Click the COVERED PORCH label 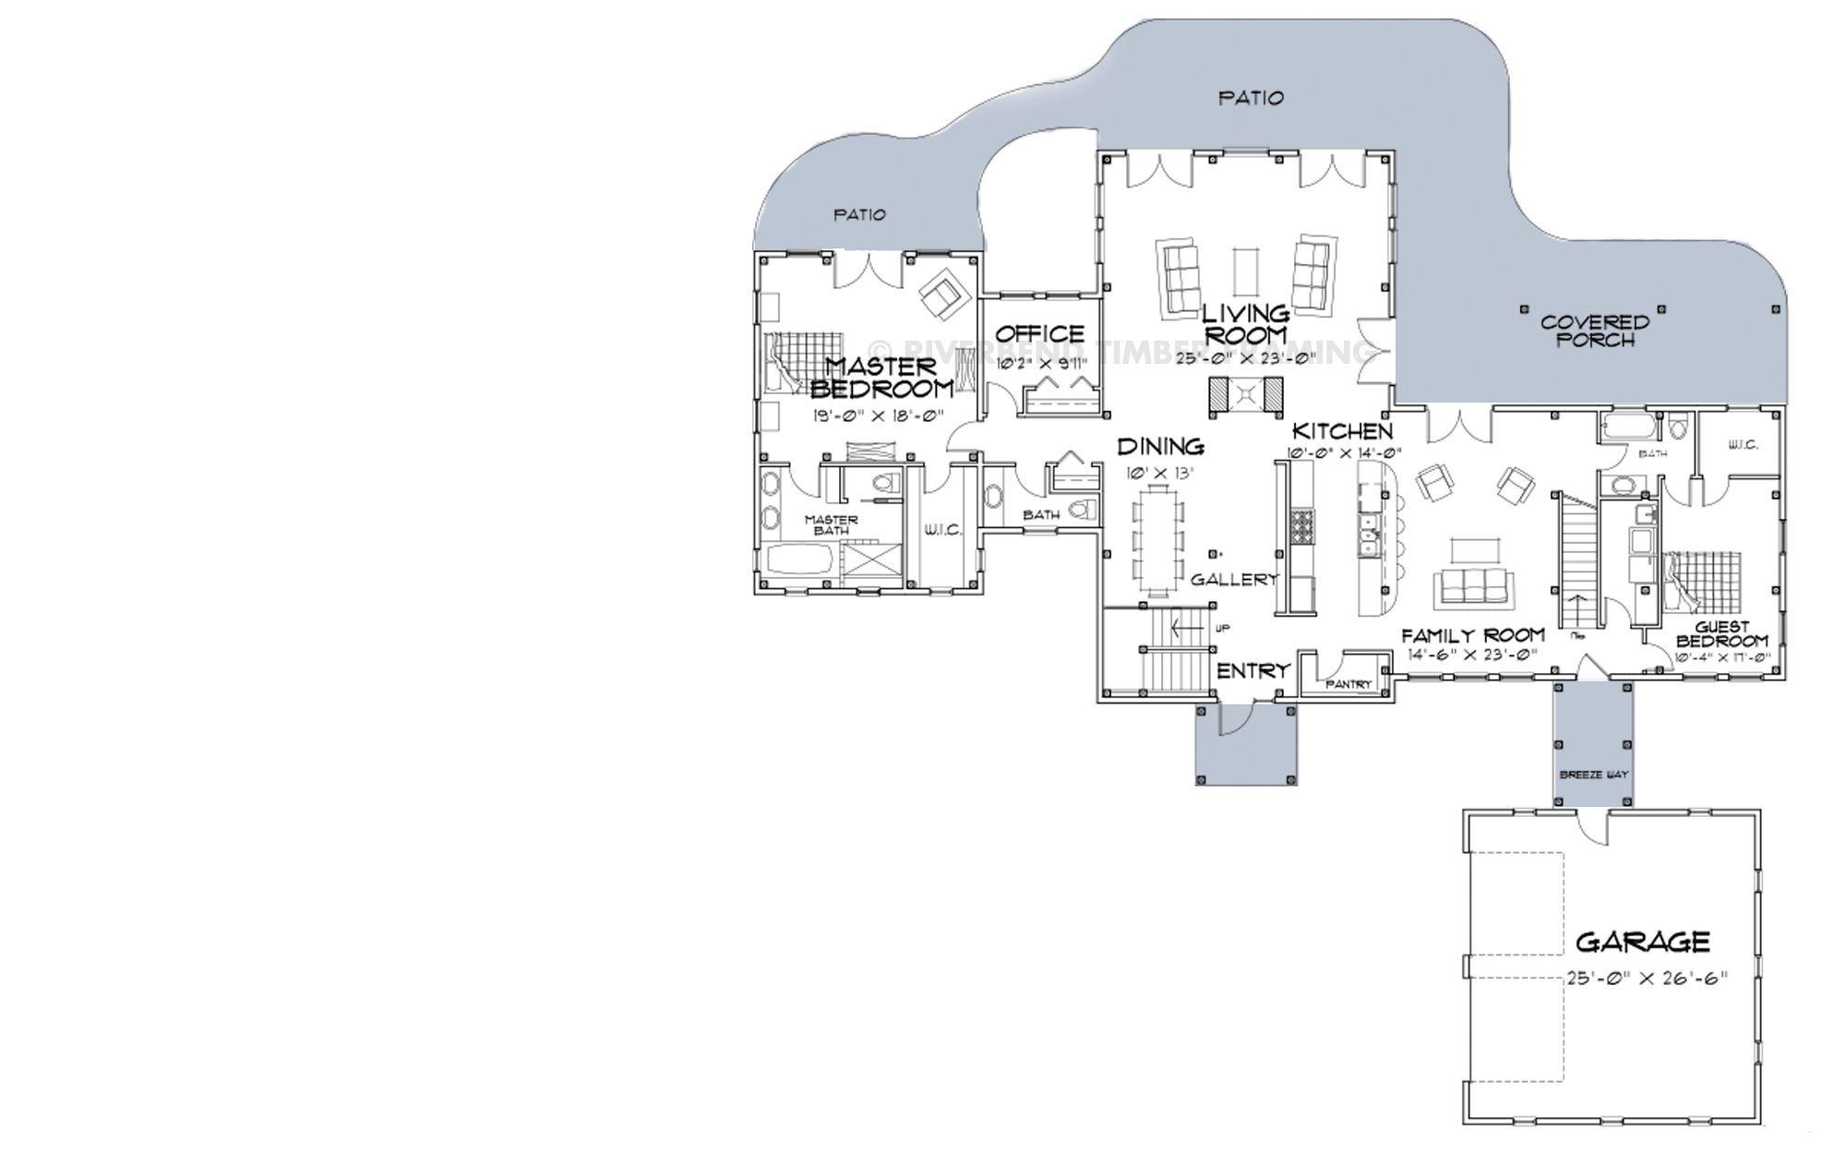click(1594, 331)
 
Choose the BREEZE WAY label click(1593, 775)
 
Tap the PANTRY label click(1349, 684)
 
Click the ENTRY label click(1253, 671)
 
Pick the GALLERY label click(1234, 580)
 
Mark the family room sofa click(1473, 584)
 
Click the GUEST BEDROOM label click(1722, 634)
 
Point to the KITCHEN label click(1341, 431)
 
